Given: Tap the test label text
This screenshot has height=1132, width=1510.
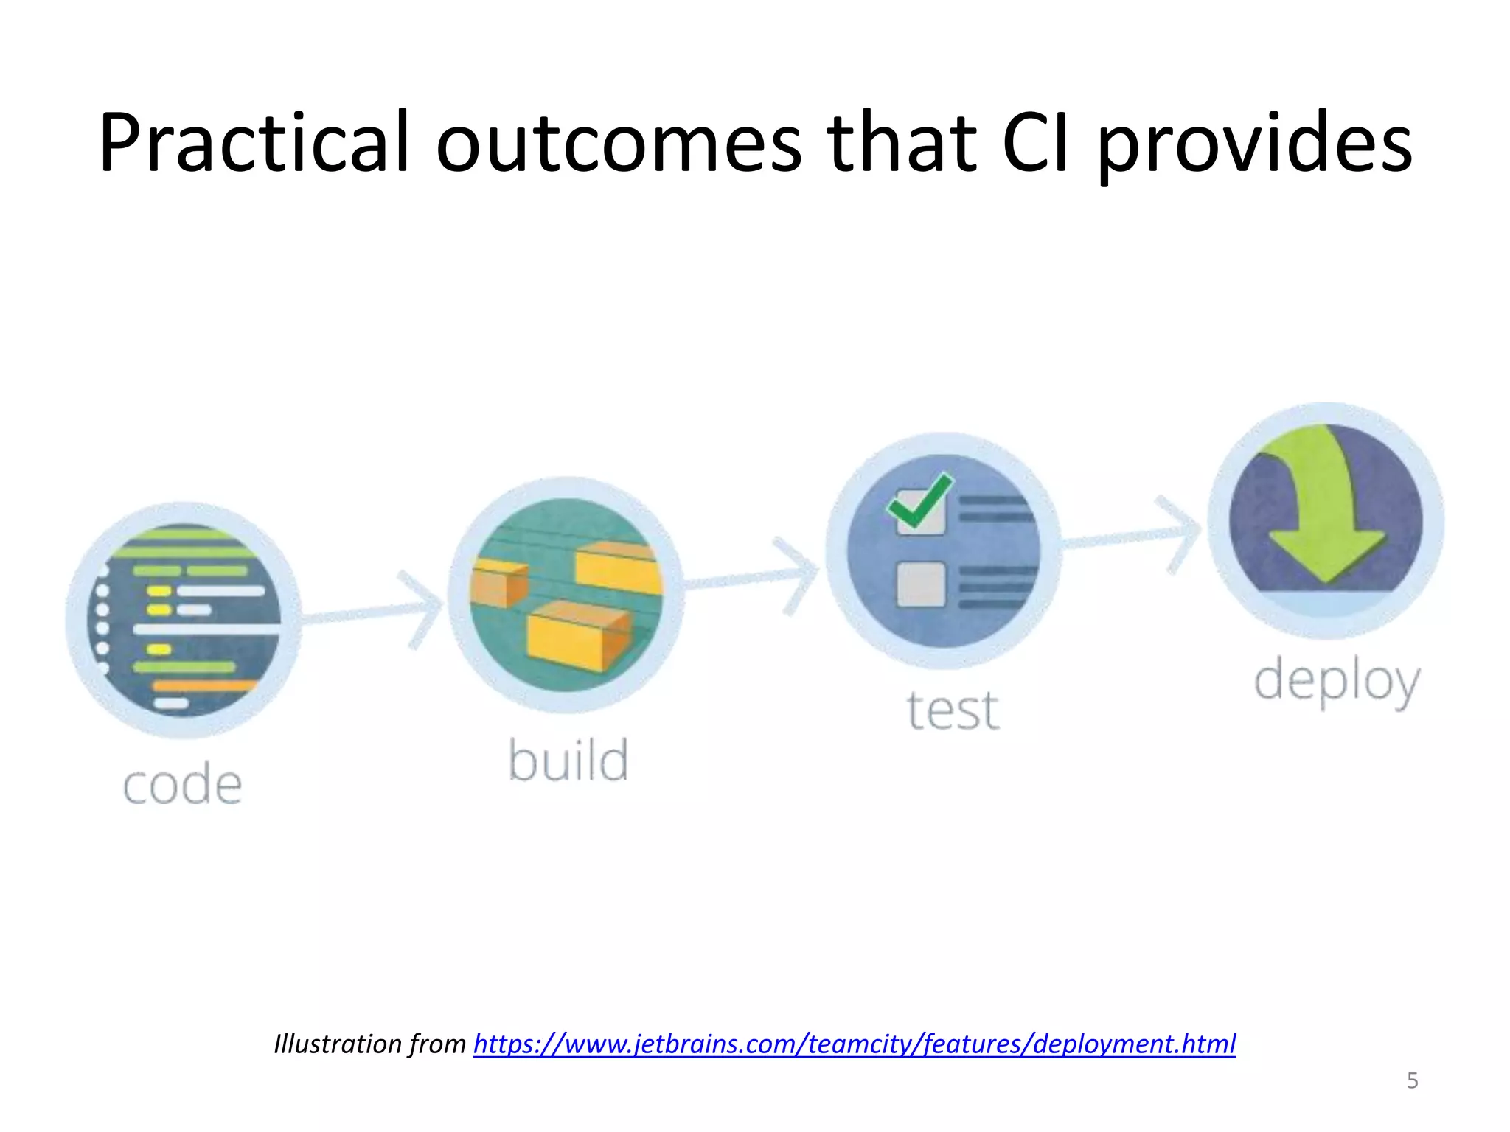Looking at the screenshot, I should tap(953, 710).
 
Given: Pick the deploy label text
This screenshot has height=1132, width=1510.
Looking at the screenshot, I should tap(1337, 682).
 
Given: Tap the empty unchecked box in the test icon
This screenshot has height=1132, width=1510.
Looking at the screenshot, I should tap(921, 584).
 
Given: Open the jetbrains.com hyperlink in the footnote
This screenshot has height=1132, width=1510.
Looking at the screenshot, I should tap(854, 1044).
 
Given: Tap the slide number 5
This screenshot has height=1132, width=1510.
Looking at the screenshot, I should tap(1412, 1080).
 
